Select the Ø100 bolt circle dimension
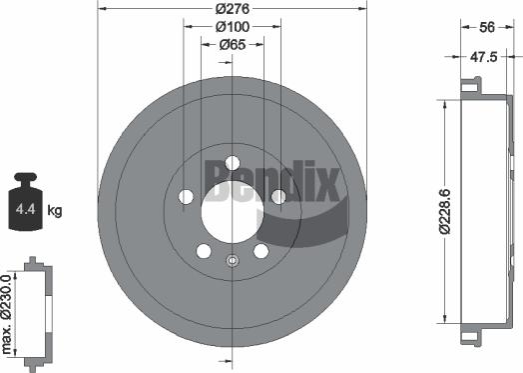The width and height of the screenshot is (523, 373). click(x=232, y=27)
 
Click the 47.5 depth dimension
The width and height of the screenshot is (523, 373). click(x=486, y=58)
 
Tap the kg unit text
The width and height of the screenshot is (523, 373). click(x=55, y=210)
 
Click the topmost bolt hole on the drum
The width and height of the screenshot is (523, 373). click(x=233, y=163)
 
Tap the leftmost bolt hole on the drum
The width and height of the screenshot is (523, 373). click(x=186, y=197)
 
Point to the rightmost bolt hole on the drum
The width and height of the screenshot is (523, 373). click(x=279, y=197)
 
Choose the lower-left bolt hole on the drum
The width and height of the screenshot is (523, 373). click(x=204, y=251)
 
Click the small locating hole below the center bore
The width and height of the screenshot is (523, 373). click(x=233, y=262)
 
